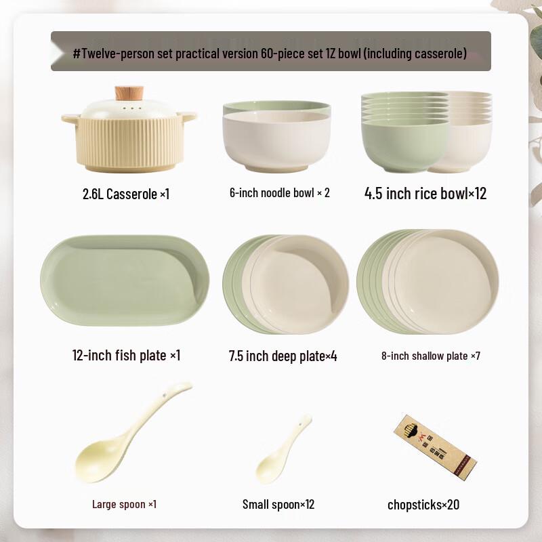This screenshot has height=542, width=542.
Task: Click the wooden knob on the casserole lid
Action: pos(129,93)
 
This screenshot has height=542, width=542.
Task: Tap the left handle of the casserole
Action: pos(70,119)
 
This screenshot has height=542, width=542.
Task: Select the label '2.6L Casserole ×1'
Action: pos(125,194)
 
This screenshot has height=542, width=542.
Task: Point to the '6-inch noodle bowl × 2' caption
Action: pos(279,193)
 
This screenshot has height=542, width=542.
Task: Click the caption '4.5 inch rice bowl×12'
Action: pos(425,194)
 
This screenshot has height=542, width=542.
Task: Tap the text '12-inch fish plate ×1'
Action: pos(126,355)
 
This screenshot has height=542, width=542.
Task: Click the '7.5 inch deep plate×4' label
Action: pos(283,356)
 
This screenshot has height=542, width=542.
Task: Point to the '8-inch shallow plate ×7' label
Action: pos(431,356)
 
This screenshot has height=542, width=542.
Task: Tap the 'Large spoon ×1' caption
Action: pos(125,504)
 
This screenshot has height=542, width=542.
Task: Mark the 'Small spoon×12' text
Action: pos(278,504)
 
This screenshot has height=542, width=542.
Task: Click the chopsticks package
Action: pos(434,444)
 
